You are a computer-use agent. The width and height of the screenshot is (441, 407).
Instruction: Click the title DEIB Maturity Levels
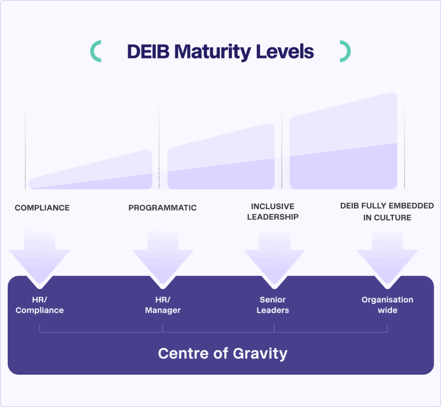(220, 52)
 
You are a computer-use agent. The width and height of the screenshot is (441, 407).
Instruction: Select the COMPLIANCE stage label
(42, 208)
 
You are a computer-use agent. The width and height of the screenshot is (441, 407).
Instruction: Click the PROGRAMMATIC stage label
(162, 208)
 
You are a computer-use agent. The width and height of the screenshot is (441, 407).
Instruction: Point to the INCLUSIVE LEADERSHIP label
(273, 212)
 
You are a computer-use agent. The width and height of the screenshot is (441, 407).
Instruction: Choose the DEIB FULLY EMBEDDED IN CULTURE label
(387, 212)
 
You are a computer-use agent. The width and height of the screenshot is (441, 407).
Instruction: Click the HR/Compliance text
(40, 305)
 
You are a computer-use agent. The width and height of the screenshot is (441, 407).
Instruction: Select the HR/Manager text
(163, 305)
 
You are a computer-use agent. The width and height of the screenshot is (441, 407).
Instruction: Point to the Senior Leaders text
(273, 305)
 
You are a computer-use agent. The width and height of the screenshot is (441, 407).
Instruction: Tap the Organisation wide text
(387, 305)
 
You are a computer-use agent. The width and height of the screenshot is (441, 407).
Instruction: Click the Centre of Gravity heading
(222, 353)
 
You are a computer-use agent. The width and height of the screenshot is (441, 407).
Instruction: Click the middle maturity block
(221, 161)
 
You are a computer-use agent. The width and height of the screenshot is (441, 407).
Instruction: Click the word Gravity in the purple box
(260, 354)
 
